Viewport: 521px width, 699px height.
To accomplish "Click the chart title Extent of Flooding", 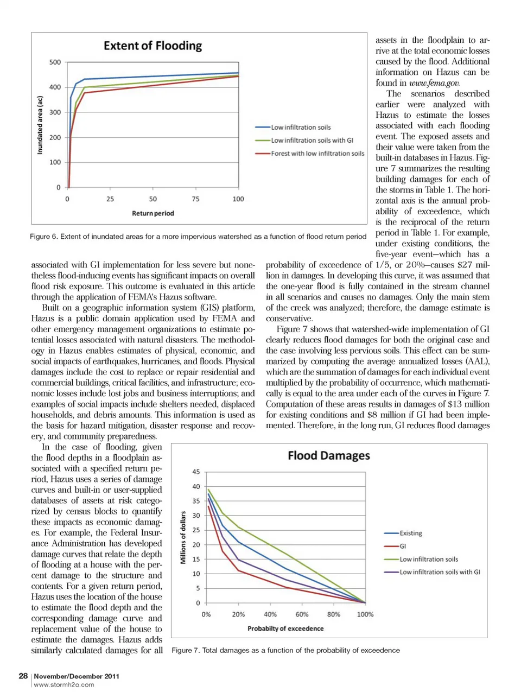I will (x=153, y=46).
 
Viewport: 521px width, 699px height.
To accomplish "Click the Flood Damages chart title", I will (x=328, y=455).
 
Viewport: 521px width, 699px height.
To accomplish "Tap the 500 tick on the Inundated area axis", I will (x=55, y=62).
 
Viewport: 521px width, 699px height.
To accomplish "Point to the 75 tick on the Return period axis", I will (x=195, y=199).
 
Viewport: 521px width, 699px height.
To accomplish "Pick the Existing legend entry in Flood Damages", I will (x=410, y=533).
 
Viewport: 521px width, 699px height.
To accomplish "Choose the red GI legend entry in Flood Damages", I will (x=403, y=547).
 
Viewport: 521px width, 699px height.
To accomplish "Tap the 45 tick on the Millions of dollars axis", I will (x=196, y=472).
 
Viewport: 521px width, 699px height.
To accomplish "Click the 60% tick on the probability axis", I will (x=302, y=614).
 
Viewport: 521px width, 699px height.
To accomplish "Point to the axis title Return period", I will (x=153, y=213).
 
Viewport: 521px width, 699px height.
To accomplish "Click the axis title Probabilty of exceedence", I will (x=285, y=628).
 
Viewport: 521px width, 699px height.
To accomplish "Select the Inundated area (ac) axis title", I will (x=40, y=125).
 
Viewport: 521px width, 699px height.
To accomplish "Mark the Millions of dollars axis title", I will (x=183, y=537).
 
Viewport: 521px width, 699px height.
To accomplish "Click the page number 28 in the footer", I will (x=23, y=676).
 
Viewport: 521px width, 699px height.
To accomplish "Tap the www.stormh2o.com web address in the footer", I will (x=63, y=685).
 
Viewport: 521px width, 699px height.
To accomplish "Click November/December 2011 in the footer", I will (x=77, y=676).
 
